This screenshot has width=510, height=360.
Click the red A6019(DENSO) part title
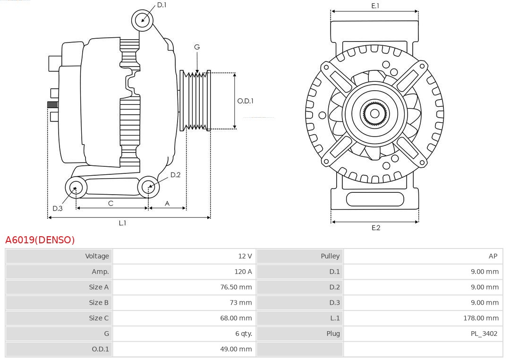click(40, 240)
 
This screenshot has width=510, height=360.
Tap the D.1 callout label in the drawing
click(161, 5)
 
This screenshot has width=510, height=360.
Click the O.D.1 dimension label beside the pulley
click(245, 101)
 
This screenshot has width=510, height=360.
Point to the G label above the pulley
click(197, 47)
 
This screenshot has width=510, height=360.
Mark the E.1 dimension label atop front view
click(375, 6)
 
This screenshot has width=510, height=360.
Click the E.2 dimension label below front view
click(375, 228)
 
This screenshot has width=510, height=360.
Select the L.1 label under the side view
click(122, 223)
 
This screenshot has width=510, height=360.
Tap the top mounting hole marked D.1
click(142, 20)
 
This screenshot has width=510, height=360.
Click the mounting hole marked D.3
click(75, 188)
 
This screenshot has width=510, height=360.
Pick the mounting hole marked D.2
click(148, 187)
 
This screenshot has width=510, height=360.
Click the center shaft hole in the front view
click(374, 113)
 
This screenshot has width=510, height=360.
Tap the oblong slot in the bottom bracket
click(374, 199)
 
